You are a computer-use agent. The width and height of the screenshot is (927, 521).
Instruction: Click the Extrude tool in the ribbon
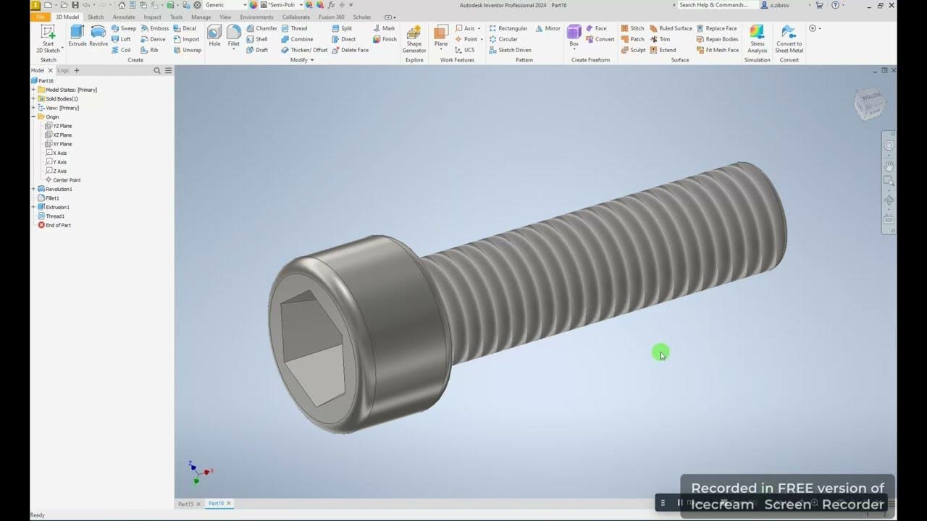point(77,35)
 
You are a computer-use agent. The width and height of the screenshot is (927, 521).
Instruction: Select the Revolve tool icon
point(98,35)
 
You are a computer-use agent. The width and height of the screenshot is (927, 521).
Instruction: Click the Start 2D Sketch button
point(48,38)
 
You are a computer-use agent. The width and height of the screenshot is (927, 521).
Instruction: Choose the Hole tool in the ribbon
point(214,35)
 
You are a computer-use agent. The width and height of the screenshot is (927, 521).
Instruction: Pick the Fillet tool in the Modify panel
point(233,35)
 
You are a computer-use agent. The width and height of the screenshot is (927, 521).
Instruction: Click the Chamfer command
point(261,28)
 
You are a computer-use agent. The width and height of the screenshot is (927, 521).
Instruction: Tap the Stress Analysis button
point(757,38)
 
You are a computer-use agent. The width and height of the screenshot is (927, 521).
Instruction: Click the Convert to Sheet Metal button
point(789,38)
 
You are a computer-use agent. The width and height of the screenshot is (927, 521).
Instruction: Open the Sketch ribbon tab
point(96,17)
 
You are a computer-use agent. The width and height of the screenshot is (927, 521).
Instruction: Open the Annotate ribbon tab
point(124,17)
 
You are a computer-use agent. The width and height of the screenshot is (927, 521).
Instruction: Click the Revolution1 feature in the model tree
point(59,189)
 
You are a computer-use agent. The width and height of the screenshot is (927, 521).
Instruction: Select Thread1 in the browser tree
point(55,216)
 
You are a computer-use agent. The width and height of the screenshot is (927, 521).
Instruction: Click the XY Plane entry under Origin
point(62,144)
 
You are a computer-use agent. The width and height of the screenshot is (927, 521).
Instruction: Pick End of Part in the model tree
point(58,225)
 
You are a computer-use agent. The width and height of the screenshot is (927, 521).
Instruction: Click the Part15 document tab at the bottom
point(186,504)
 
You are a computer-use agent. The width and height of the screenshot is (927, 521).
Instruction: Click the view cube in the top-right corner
point(869,104)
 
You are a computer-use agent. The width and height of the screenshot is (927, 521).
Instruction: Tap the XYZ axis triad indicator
point(196,473)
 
